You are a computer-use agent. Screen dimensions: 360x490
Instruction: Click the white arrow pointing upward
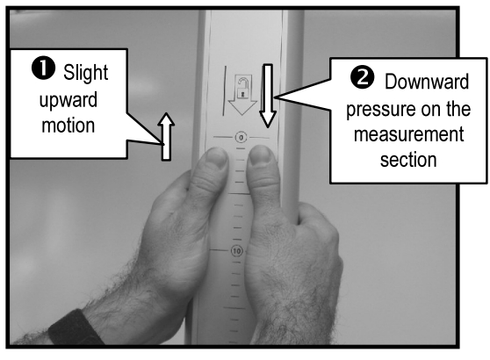coord(166,137)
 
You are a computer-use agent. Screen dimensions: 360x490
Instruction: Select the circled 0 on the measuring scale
coord(239,139)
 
